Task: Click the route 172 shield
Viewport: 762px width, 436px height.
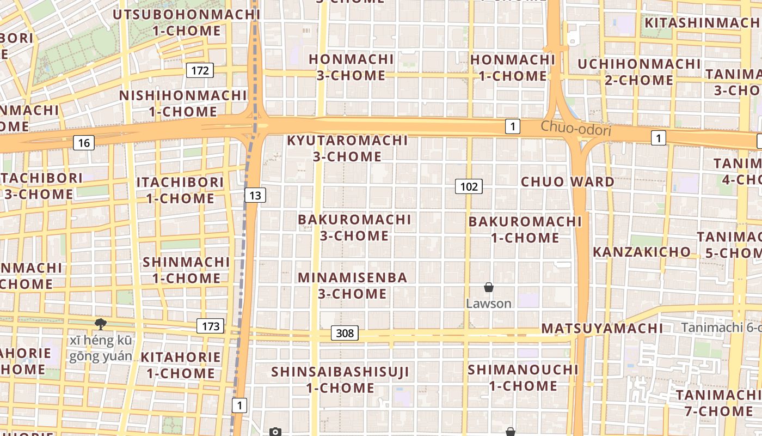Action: pos(200,70)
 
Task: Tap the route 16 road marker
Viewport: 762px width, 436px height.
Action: pos(83,143)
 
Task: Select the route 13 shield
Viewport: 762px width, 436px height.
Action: pos(255,195)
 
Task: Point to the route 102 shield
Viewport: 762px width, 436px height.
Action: pos(469,187)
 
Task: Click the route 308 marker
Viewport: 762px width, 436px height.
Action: pos(345,333)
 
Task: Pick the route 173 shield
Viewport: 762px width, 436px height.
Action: pos(210,326)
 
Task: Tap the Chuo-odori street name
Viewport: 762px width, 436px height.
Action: pos(576,129)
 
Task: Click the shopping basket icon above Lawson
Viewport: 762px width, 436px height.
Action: pos(489,287)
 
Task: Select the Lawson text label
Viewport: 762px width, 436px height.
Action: pos(489,304)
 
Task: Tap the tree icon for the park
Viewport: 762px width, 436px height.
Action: pos(100,324)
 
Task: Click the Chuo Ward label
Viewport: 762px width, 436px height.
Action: pos(568,181)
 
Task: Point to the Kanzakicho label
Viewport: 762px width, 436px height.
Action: pos(642,252)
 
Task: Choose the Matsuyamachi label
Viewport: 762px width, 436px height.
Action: pos(603,328)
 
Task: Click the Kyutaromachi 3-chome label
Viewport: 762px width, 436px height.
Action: pos(347,148)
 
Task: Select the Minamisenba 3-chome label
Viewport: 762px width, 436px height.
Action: pos(353,286)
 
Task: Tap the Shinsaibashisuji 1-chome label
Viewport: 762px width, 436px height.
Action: pos(340,380)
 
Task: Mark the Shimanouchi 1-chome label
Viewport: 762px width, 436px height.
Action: pos(523,377)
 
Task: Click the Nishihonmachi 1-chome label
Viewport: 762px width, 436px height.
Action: pos(183,104)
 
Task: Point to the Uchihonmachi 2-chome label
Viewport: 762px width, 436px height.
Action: pos(639,72)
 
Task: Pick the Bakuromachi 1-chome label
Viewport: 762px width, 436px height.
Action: pos(525,229)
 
